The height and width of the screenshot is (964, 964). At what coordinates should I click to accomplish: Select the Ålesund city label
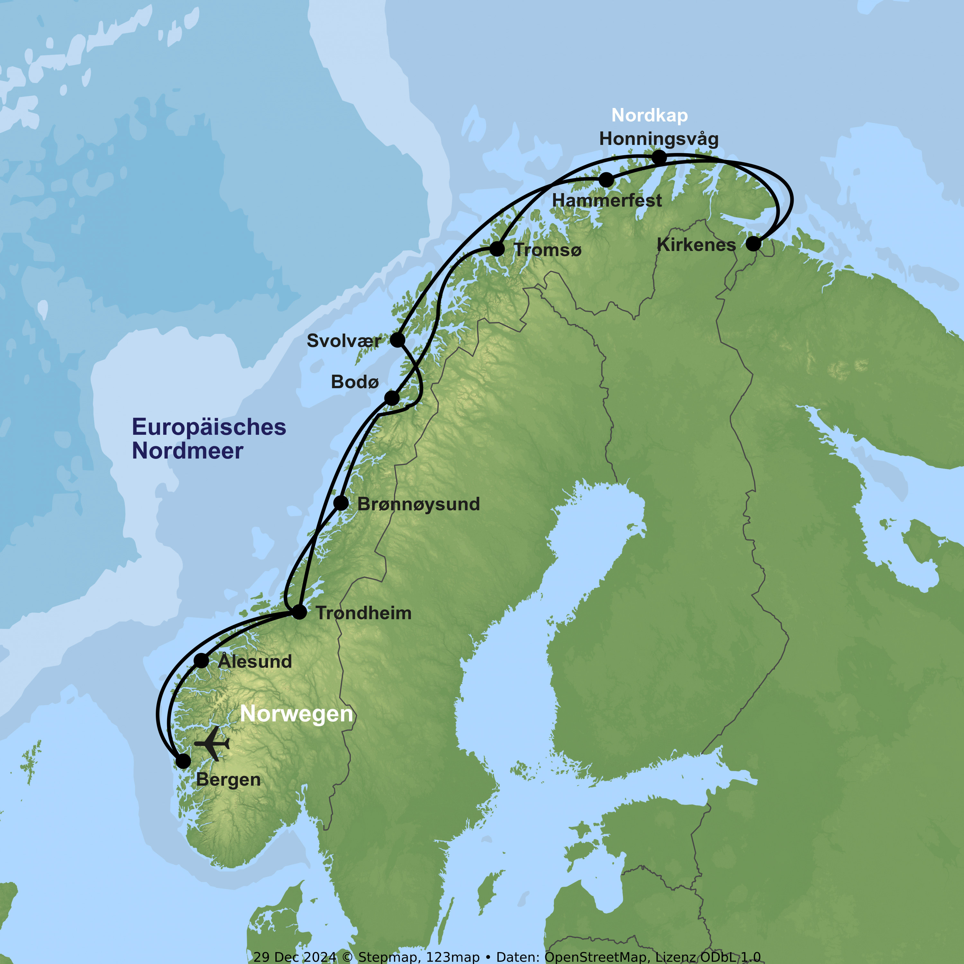(255, 662)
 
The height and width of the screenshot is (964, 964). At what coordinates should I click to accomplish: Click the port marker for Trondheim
(299, 612)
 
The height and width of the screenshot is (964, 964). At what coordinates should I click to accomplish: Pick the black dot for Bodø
(392, 398)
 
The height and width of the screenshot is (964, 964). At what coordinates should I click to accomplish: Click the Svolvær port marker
(397, 340)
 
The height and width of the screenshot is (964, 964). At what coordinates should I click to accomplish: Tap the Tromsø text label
(547, 250)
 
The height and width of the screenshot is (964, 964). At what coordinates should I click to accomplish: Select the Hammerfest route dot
(606, 180)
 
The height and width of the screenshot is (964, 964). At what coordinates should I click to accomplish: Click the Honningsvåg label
(659, 139)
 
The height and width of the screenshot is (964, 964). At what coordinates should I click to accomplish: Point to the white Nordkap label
(650, 115)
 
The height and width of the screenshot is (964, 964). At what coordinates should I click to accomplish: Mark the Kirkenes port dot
(753, 244)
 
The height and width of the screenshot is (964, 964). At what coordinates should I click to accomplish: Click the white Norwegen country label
(296, 714)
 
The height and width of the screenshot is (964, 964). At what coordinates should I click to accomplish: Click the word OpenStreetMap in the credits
(597, 957)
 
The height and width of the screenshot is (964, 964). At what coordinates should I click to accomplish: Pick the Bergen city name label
(228, 780)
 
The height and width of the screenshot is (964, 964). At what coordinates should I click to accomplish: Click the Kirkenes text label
(696, 245)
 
